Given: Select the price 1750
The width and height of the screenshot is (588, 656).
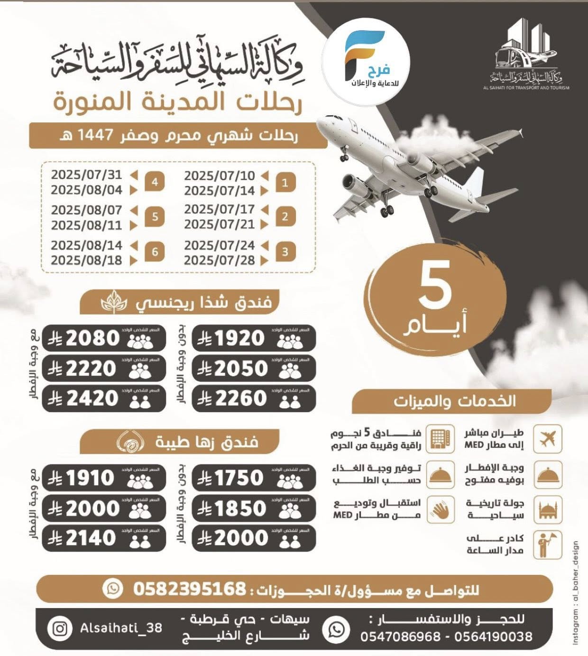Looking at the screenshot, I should pos(239,478).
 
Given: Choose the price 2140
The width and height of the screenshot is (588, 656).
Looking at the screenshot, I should pos(91,538).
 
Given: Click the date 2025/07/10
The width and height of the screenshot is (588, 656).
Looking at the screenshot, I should pos(220,176).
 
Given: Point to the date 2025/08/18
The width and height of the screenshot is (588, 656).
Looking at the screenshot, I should pos(86,260).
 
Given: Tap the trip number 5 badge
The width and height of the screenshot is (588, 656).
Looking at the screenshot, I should pos(155,217).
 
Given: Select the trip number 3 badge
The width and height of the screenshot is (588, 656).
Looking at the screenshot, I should pos(285,251).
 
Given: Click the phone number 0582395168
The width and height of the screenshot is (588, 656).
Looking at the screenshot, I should pos(189,589).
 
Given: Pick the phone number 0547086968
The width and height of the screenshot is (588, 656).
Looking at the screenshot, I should pos(400,637).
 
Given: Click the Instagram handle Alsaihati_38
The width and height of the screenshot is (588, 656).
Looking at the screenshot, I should pos(121,628).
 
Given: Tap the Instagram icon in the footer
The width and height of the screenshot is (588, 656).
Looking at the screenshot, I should pos(60,628).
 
